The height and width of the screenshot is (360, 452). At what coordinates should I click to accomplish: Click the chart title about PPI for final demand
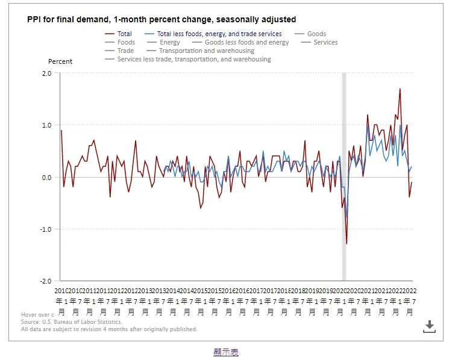(x=162, y=20)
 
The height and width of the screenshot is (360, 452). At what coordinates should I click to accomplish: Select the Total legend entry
(x=124, y=34)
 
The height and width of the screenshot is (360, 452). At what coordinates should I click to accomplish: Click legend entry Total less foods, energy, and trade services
(x=219, y=34)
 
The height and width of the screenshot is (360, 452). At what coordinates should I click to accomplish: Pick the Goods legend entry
(x=316, y=34)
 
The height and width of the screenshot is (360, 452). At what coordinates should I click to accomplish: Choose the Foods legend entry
(x=126, y=43)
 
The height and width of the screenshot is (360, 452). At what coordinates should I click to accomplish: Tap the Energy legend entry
(x=170, y=43)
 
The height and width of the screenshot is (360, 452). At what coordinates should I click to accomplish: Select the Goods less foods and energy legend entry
(x=246, y=43)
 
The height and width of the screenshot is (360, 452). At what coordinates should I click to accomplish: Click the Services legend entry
(x=325, y=43)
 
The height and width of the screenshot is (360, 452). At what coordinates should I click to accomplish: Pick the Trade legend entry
(x=125, y=51)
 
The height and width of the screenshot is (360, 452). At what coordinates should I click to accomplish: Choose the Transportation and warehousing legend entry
(x=207, y=51)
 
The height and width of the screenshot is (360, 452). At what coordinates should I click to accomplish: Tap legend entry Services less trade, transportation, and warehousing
(x=194, y=60)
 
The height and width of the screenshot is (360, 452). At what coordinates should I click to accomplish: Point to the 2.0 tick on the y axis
(x=47, y=73)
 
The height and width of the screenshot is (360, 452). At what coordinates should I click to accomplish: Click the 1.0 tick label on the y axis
(x=47, y=125)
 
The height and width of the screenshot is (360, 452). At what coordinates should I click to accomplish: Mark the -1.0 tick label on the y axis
(x=46, y=229)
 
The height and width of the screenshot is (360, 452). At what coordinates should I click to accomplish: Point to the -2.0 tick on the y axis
(x=46, y=281)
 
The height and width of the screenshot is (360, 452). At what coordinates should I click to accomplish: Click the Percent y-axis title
(x=60, y=61)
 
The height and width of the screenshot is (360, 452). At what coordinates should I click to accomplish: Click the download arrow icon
(x=429, y=326)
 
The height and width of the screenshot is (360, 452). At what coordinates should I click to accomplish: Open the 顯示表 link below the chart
(x=226, y=352)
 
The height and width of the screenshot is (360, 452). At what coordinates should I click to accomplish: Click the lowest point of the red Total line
(x=347, y=244)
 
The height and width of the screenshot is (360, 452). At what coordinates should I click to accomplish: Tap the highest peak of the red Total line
(x=400, y=89)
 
